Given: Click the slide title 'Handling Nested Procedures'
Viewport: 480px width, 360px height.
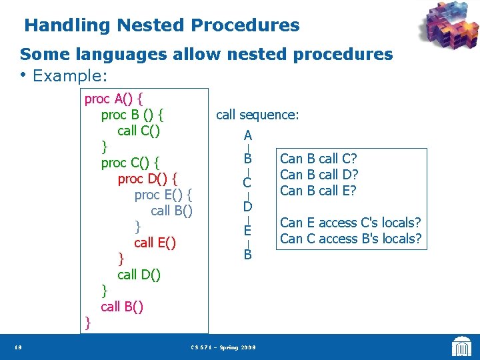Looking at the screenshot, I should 162,26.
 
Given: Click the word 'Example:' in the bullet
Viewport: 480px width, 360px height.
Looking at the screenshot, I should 70,76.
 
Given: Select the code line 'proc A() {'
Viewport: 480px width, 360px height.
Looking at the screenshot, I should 117,99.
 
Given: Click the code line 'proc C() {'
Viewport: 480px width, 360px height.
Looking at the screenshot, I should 130,163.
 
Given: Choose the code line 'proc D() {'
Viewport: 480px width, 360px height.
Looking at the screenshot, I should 147,179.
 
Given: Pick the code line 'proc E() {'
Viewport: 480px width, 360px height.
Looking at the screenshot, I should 163,195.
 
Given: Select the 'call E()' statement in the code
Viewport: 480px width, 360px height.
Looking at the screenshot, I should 155,243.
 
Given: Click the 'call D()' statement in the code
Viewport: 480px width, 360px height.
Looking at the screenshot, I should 139,274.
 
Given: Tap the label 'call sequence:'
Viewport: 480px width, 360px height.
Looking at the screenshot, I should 257,115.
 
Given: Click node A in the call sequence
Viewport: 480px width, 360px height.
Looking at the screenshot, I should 247,135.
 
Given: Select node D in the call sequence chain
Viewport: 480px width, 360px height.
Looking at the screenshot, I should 247,207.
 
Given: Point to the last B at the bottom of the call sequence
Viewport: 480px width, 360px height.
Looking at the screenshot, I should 247,254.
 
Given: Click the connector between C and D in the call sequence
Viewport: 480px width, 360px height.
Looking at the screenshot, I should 247,194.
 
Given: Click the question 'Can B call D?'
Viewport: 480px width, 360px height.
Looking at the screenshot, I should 319,175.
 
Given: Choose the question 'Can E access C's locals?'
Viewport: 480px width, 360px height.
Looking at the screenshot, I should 351,223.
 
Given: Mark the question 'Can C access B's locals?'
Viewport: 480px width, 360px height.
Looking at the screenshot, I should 351,239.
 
